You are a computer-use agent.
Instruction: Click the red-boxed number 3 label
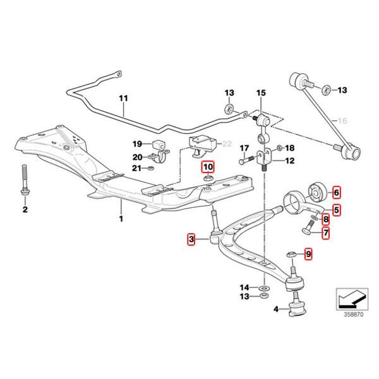click(191, 239)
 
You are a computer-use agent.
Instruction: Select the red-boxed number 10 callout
click(208, 167)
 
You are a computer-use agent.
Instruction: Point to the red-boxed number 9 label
click(308, 254)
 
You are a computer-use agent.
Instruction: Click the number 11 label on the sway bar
click(123, 99)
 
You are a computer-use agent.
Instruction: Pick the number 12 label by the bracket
click(291, 161)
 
